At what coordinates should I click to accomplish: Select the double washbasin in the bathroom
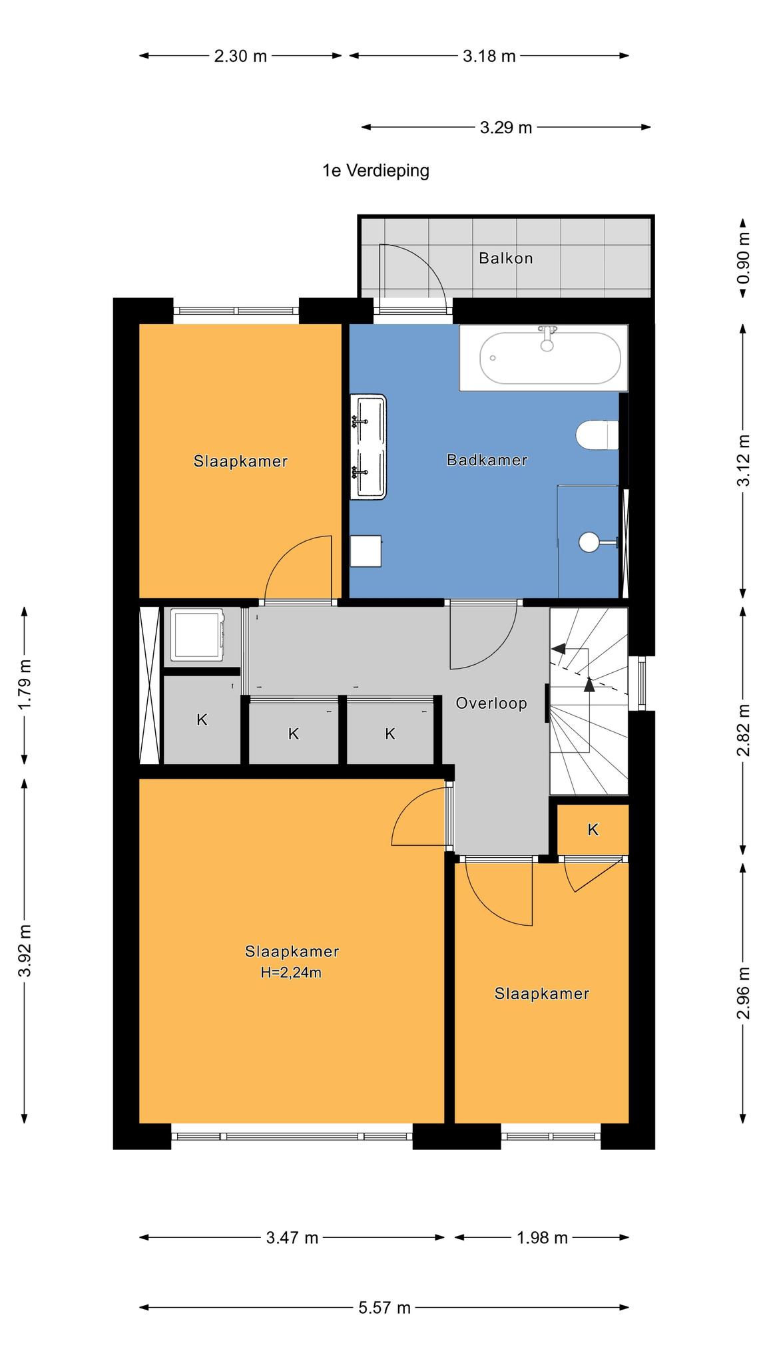point(369,446)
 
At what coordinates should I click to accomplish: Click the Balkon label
point(506,258)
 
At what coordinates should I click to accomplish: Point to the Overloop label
point(491,703)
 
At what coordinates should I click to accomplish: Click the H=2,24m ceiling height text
point(291,972)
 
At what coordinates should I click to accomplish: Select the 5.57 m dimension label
point(385,1308)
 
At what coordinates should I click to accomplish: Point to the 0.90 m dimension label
point(743,258)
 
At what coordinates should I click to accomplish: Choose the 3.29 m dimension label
point(506,127)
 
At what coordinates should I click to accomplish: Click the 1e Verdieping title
point(376,171)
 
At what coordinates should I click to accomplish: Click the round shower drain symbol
point(589,542)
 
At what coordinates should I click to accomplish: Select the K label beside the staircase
point(593,829)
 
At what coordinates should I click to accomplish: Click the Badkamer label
point(487,460)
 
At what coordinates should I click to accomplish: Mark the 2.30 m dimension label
point(240,57)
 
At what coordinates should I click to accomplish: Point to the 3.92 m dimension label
point(25,950)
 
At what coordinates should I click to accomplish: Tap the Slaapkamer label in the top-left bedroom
point(241,461)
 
